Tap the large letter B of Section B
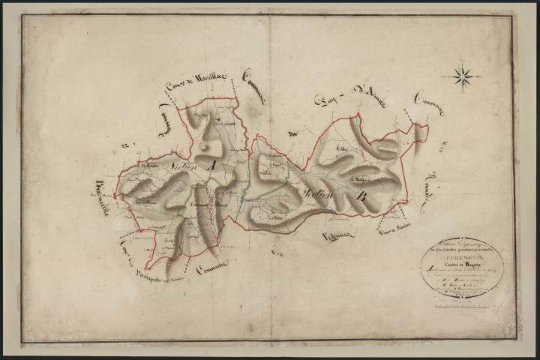362,197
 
